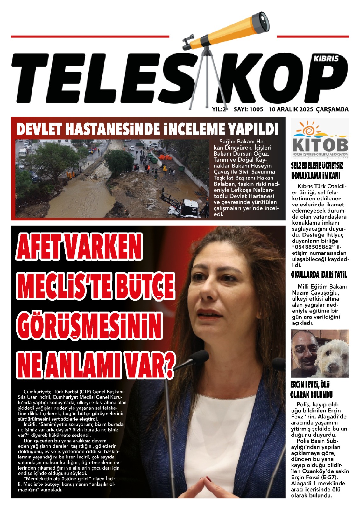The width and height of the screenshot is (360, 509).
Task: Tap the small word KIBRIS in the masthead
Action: click(x=326, y=59)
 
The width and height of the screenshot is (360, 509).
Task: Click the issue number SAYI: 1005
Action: click(x=248, y=109)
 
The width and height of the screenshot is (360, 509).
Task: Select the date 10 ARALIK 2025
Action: click(x=291, y=109)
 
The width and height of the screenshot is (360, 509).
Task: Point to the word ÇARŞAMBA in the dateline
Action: click(x=332, y=109)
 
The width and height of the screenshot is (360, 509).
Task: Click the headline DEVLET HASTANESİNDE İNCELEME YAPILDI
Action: click(x=147, y=129)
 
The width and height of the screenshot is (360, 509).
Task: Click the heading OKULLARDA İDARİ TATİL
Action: click(x=319, y=275)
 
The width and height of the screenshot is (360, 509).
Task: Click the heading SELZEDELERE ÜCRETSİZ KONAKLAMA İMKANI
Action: click(x=317, y=171)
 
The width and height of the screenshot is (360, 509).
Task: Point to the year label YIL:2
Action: click(x=219, y=109)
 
